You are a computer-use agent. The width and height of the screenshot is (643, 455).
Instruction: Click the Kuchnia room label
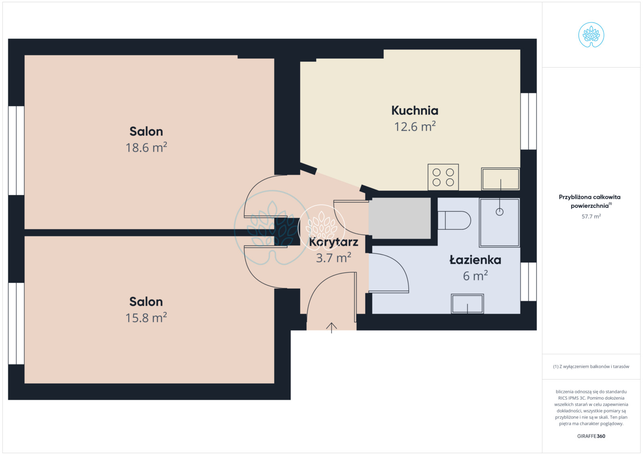coord(415,111)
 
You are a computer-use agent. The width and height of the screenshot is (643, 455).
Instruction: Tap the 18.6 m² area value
coord(146,147)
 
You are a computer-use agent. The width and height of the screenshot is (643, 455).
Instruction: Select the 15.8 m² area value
coord(146,318)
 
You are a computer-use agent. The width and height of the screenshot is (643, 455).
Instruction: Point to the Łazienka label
coord(475,260)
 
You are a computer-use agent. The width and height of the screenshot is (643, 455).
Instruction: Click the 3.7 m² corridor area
coord(334,258)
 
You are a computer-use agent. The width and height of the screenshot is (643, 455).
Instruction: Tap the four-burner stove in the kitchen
coord(443,177)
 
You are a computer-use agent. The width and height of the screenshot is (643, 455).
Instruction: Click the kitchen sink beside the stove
coord(501,179)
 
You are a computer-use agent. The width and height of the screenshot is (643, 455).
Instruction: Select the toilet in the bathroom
coord(454,220)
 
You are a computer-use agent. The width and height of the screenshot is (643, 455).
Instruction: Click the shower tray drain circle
coord(500,212)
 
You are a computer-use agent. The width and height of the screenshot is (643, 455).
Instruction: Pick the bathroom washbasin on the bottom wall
coord(467,304)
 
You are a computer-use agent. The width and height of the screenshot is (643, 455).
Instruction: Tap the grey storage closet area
coord(399,218)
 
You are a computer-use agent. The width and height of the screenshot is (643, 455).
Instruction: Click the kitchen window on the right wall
coord(528,121)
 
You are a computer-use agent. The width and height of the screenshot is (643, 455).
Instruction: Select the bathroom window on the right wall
coord(528,282)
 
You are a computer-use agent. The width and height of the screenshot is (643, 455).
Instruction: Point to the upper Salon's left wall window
coord(16,150)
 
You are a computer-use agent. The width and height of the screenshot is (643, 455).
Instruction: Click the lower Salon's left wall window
coord(16,324)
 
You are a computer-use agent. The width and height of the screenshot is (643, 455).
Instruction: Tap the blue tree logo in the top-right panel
coord(591,35)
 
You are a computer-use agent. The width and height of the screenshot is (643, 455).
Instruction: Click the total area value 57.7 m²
coord(591,217)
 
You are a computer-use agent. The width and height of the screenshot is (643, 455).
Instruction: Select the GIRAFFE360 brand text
coord(591,436)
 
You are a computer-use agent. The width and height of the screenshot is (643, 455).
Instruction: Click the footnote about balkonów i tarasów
coord(591,367)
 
